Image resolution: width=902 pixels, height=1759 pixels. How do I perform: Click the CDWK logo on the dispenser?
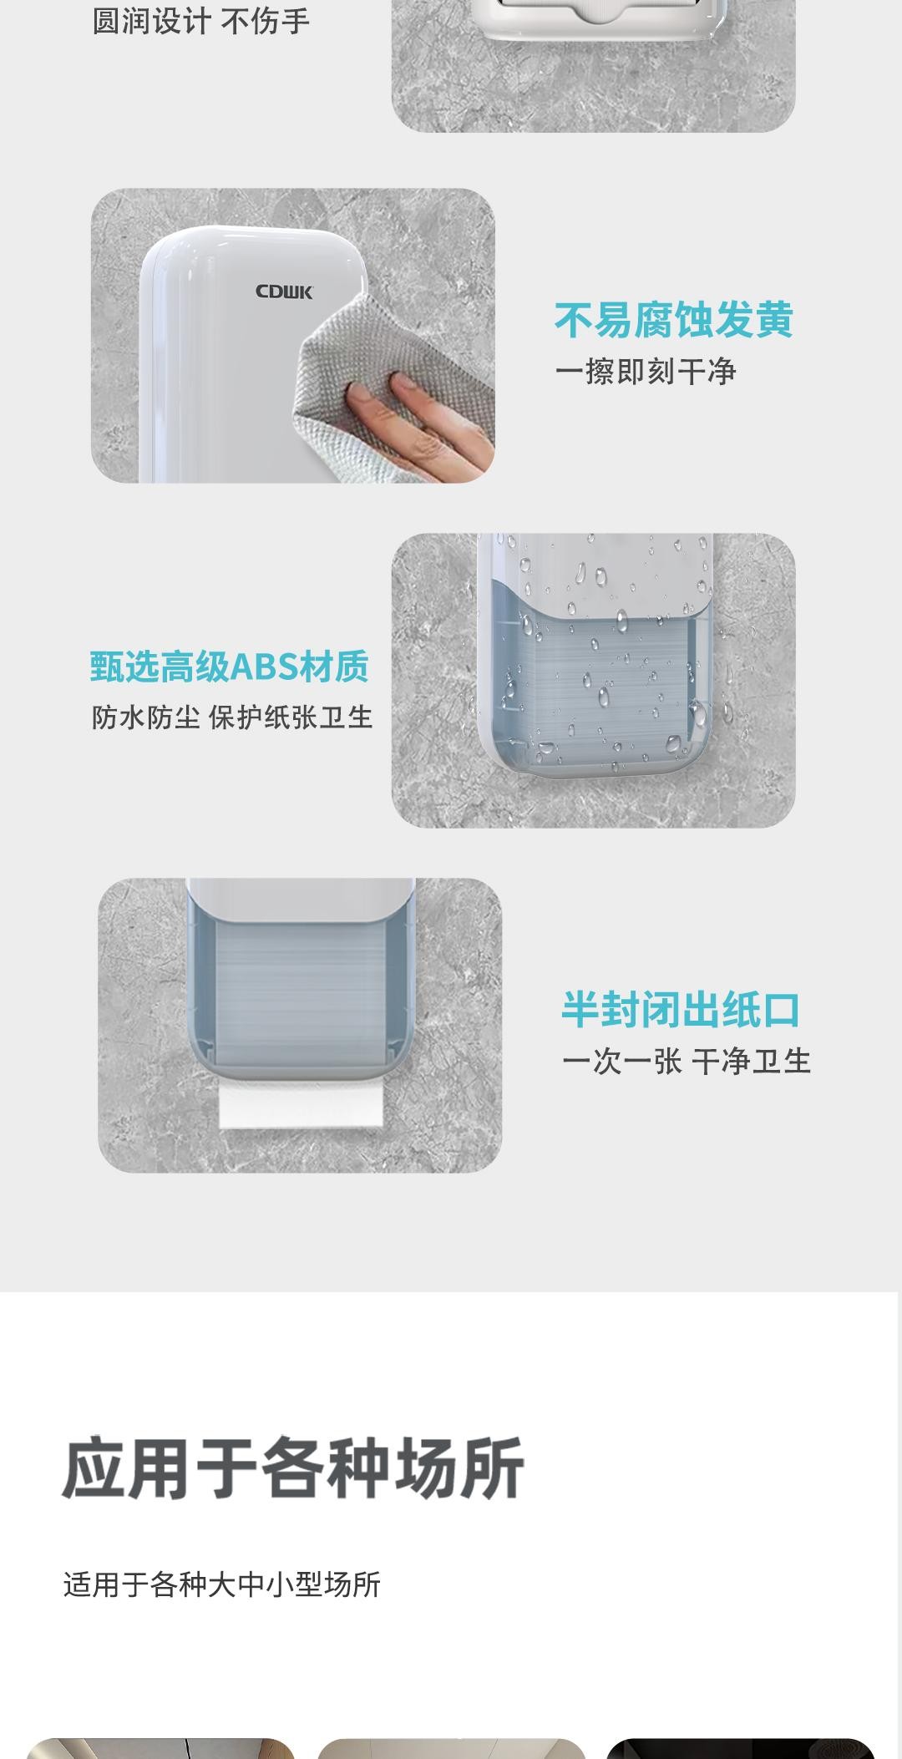coord(284,291)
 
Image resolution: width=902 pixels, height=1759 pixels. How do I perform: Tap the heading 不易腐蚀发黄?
coord(673,320)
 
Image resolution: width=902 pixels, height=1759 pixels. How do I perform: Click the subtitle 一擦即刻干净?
coord(646,372)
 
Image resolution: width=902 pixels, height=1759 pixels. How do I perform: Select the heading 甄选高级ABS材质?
coord(230,667)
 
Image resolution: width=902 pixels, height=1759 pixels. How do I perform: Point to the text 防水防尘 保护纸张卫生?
coord(232,717)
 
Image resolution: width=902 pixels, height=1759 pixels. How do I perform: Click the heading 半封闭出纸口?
coord(681,1010)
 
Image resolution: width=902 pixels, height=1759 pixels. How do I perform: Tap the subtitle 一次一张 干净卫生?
coord(687,1062)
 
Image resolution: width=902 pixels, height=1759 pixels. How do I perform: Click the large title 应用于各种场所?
coord(293,1468)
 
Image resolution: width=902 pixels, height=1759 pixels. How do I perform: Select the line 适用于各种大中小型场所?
coord(222,1584)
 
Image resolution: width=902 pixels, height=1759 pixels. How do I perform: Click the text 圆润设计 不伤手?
coord(200,21)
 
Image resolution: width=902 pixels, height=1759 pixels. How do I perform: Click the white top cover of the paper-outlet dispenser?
coord(301,900)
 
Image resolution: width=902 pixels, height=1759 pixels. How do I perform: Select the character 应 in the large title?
coord(94,1468)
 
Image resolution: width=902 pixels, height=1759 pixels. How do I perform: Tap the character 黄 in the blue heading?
coord(773,320)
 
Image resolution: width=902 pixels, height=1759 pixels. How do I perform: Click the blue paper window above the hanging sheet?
coord(301,994)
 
